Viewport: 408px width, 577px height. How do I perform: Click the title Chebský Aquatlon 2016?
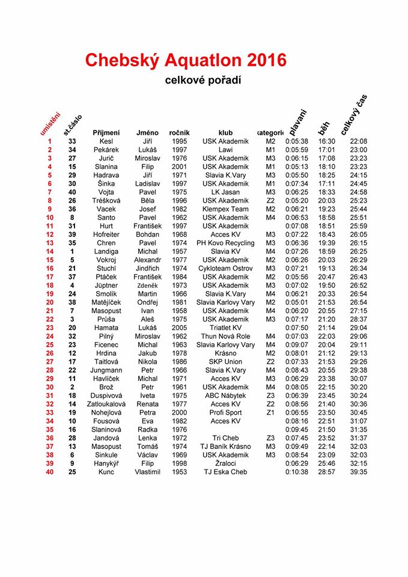click(x=186, y=60)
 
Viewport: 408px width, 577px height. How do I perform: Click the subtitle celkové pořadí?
click(x=203, y=80)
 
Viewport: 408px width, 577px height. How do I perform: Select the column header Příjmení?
click(x=106, y=132)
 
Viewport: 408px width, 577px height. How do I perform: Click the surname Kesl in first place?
click(x=106, y=141)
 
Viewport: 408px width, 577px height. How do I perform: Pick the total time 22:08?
click(x=358, y=141)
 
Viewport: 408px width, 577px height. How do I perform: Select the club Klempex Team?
click(x=225, y=209)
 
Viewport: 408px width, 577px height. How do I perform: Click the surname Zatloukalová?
click(x=106, y=405)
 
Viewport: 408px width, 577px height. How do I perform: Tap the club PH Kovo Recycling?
click(x=225, y=243)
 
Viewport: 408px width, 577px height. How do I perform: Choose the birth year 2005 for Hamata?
click(x=179, y=328)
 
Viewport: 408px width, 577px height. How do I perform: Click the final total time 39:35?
click(x=358, y=472)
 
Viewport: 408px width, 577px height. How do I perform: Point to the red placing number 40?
click(x=49, y=472)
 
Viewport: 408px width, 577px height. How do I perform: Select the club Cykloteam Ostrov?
click(x=225, y=269)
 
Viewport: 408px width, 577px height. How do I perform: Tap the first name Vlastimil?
click(x=147, y=472)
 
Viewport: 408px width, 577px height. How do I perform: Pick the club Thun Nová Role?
click(x=225, y=337)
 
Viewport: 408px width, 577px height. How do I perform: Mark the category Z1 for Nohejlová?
click(x=270, y=413)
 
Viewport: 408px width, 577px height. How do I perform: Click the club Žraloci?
click(x=225, y=464)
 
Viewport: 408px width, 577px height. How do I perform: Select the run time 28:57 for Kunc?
click(x=326, y=472)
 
